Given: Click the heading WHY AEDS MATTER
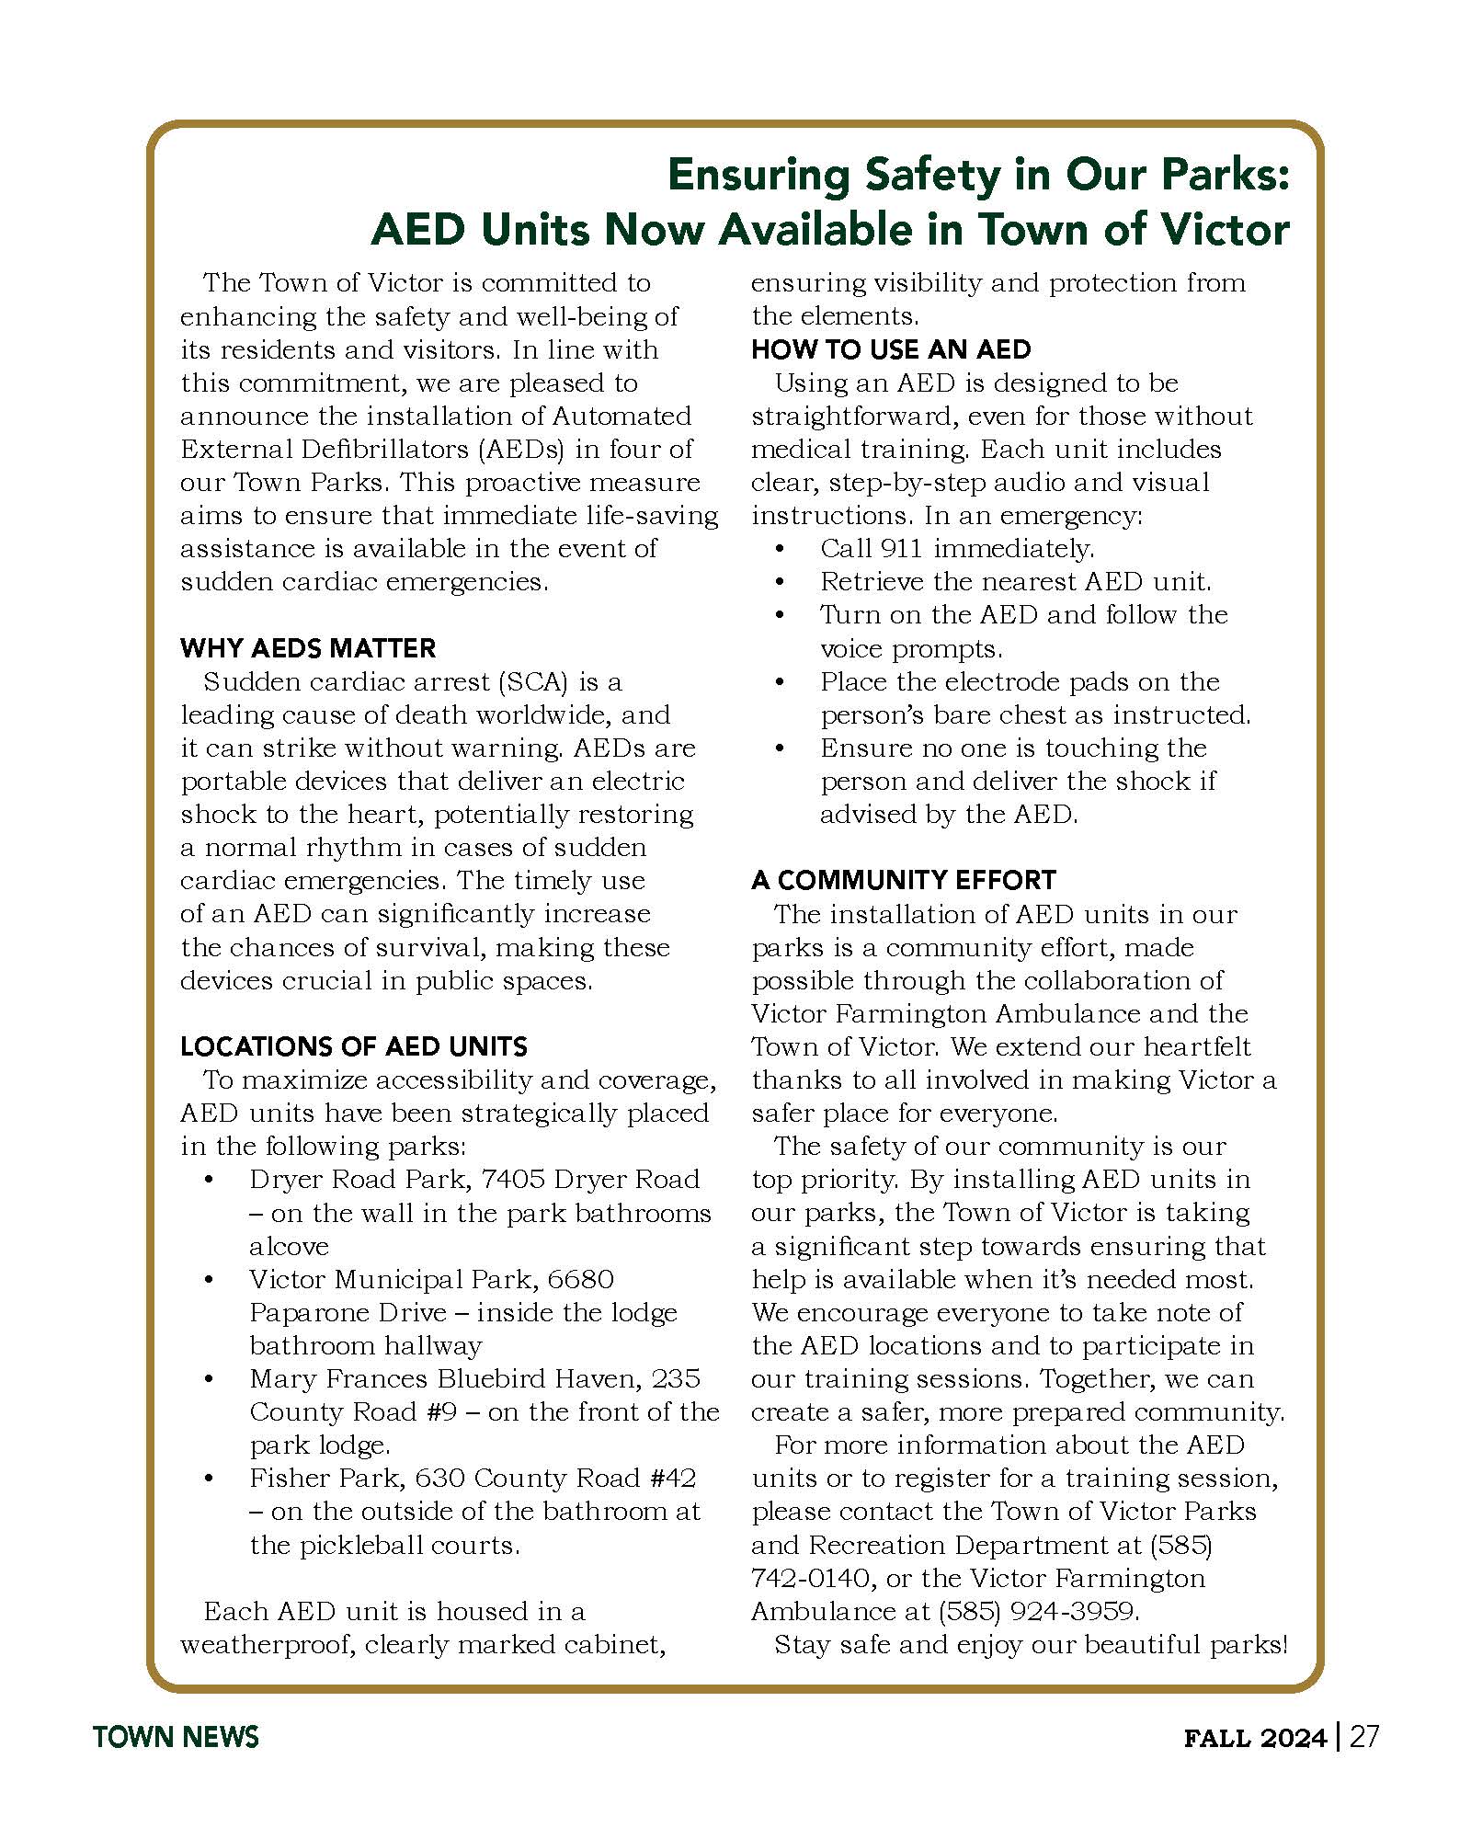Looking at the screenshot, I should pos(308,648).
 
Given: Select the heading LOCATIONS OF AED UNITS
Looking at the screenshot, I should pos(354,1046).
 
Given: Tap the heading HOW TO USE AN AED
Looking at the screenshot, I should pos(891,349).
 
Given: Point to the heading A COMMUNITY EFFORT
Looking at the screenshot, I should pos(903,880).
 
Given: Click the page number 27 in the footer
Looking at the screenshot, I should pos(1364,1737).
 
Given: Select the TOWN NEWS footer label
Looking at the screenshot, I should pos(176,1737).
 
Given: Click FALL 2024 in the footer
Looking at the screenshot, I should pos(1255,1738).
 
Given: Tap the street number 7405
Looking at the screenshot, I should pos(513,1180).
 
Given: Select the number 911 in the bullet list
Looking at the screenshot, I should pos(901,549).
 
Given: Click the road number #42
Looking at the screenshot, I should pos(672,1479).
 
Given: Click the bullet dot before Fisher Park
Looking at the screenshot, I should pos(211,1479).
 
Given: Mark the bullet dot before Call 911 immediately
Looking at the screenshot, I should pos(781,549).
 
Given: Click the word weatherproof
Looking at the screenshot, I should pos(267,1644).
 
